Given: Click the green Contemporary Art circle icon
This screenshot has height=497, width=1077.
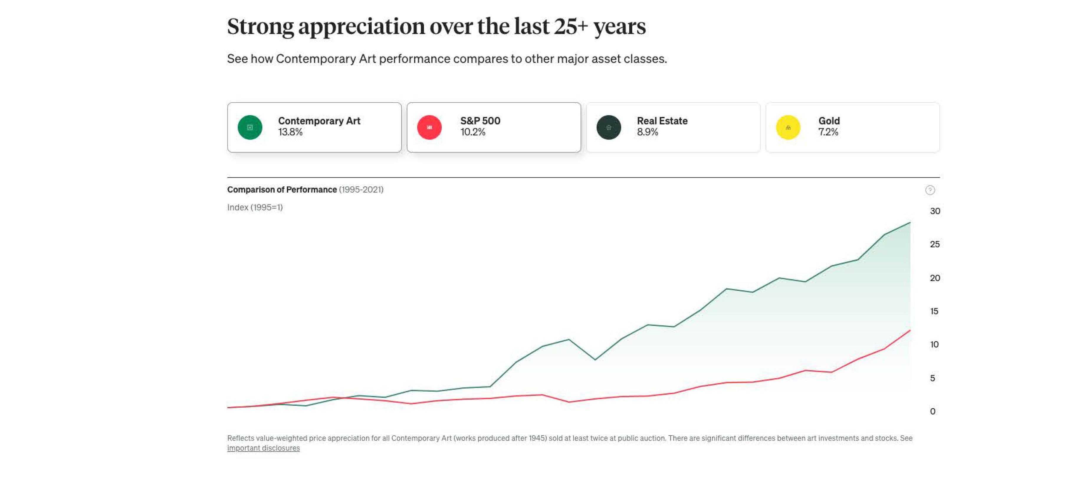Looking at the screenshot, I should (x=249, y=127).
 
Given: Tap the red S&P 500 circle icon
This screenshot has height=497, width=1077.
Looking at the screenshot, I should (x=429, y=127).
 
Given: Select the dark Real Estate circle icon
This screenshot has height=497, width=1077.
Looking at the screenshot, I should (x=608, y=127).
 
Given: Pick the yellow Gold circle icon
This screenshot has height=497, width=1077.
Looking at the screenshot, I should (x=788, y=127).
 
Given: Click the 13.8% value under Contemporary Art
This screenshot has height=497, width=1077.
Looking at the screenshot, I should (x=290, y=132).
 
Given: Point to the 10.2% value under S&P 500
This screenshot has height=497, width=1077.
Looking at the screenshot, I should (x=472, y=132).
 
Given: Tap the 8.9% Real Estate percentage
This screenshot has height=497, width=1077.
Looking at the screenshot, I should (x=647, y=132).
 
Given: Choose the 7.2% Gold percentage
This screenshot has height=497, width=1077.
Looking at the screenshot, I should (x=828, y=132).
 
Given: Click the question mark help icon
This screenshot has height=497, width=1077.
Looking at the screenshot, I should (x=930, y=190).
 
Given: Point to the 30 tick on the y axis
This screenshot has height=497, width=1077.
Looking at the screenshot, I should (x=935, y=211).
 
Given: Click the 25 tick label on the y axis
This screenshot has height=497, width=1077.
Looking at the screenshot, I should (x=935, y=244).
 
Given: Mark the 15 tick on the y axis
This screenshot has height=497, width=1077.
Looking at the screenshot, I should (x=934, y=311).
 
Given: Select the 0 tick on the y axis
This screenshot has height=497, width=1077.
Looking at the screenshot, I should (x=932, y=411).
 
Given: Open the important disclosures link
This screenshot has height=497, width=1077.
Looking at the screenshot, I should (x=263, y=448).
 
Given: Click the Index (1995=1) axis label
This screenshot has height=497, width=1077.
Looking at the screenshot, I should (x=255, y=207).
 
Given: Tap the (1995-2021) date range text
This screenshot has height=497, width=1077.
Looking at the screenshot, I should (x=361, y=190).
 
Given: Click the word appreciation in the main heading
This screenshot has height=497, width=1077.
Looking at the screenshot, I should (x=361, y=27).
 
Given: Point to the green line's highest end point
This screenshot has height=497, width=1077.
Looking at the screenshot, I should (x=910, y=223).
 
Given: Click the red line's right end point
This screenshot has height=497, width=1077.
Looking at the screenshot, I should (x=910, y=331).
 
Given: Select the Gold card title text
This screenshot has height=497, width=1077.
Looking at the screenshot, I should (x=829, y=121).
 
